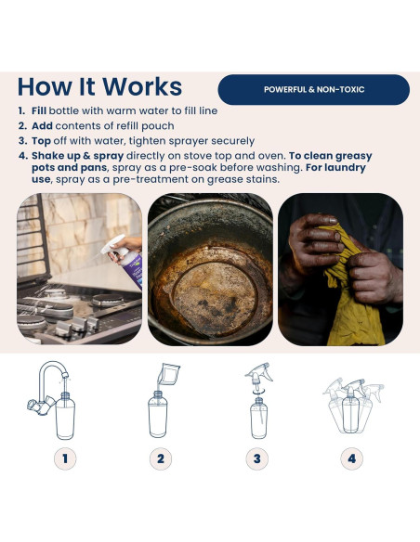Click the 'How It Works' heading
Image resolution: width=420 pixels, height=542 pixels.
coord(99,86)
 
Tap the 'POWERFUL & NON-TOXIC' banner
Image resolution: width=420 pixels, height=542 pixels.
coord(314,89)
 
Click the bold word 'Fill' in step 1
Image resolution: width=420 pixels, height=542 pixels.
coord(39,110)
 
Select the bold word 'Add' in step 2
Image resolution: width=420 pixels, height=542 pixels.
coord(42,126)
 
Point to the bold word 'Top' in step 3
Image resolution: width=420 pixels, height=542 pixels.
coord(41,141)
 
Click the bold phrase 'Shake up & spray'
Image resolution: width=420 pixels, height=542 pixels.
coord(77,156)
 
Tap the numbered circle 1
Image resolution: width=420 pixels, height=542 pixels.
coord(65,458)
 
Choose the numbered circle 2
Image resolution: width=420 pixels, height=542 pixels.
coord(161,458)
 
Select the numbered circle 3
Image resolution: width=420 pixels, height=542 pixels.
coord(256,458)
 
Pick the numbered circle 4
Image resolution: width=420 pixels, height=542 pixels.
coord(352,458)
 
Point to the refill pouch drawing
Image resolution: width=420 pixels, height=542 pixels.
coord(168,375)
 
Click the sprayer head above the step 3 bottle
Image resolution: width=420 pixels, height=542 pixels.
coord(258,376)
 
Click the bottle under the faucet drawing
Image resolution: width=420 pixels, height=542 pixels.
coord(65,416)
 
